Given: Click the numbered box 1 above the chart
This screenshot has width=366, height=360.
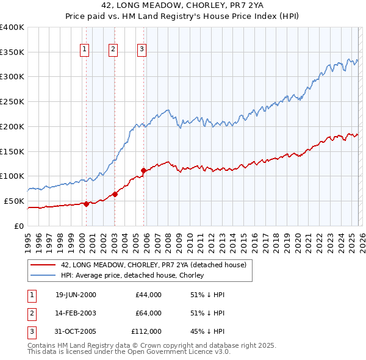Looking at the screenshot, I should point(84,50).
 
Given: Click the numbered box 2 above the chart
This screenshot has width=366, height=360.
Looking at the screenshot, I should point(113,50).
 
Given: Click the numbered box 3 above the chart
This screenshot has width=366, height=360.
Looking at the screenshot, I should point(142,50).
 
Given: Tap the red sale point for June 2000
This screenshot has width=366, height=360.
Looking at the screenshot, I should point(86,204).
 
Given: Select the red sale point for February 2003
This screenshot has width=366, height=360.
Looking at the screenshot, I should point(115,194).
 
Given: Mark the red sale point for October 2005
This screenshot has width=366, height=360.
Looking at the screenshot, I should point(144,170).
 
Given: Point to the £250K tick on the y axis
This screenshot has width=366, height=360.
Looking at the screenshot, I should point(12,102).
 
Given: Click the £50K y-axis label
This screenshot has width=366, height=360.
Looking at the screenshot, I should point(14,201).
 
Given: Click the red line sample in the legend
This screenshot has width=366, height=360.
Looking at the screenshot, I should point(43,265).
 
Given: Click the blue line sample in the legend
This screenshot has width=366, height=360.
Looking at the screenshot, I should point(43,275).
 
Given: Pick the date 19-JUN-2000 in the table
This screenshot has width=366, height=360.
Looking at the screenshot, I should point(76,295).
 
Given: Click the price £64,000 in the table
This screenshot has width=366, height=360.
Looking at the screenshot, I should point(148,313).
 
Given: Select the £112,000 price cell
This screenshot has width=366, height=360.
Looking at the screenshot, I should point(146,331).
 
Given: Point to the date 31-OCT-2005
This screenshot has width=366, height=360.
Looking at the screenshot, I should point(76,331).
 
